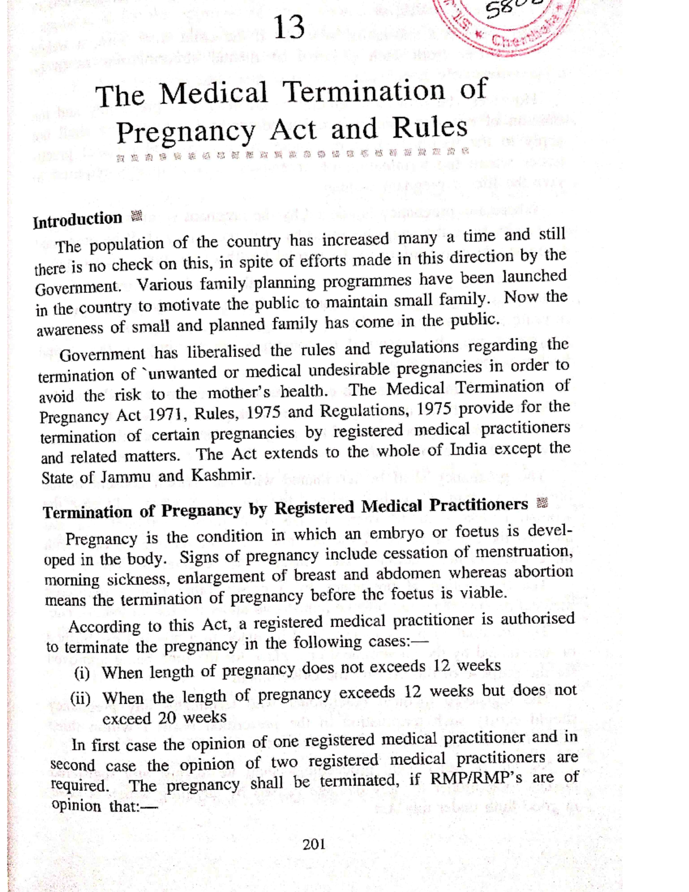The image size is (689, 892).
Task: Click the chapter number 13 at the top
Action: tap(289, 27)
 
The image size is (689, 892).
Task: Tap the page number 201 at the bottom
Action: tap(314, 844)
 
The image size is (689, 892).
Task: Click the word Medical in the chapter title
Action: tap(214, 94)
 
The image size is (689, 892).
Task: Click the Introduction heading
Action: tap(77, 220)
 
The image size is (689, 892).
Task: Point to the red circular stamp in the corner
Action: tap(505, 23)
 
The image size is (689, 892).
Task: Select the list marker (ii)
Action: tap(80, 698)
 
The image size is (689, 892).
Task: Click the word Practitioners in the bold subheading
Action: tap(478, 505)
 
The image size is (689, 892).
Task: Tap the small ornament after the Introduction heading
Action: tap(136, 217)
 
